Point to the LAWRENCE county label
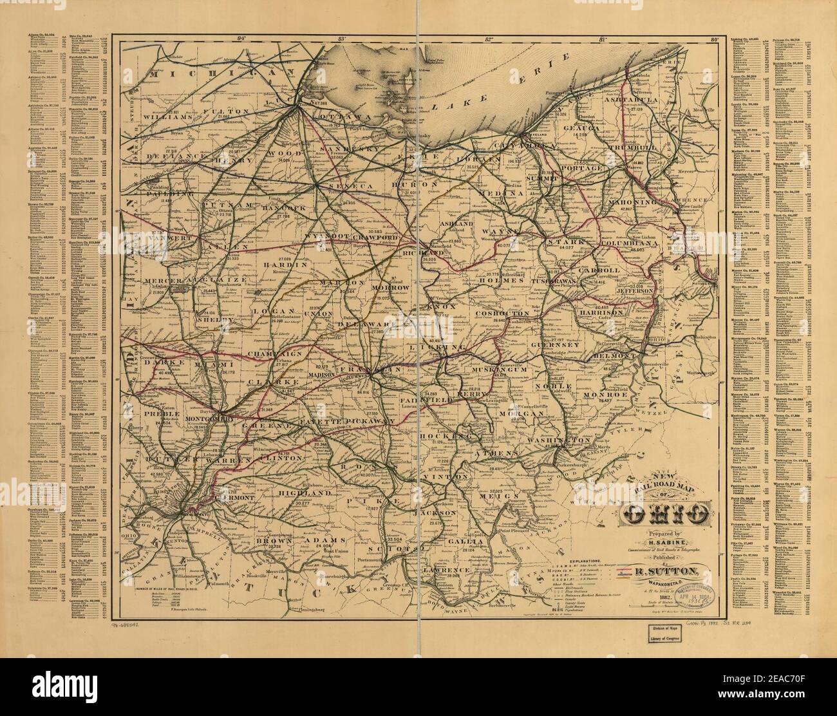point(444,570)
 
